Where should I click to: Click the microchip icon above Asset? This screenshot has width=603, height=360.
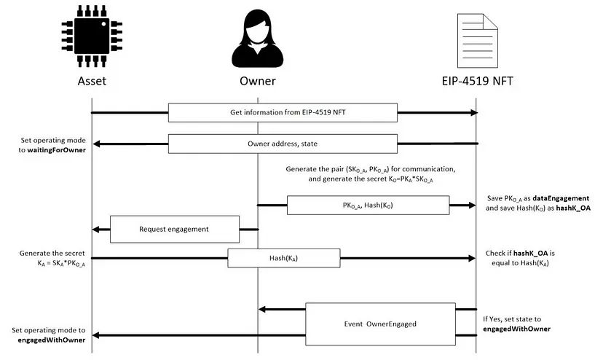pos(91,36)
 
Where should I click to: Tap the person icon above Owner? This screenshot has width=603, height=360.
pos(257,35)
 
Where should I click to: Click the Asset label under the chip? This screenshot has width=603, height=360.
pos(92,80)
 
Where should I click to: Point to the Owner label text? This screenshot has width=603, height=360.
pos(257,80)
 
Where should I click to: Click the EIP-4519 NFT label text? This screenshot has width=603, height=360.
pos(477,80)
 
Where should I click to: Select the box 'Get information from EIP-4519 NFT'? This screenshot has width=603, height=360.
pos(283,112)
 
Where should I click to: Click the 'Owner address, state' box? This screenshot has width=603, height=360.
pos(283,144)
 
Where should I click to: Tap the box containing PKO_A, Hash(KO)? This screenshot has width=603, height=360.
pos(368,206)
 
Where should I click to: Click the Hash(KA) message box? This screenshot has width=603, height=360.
pos(283,257)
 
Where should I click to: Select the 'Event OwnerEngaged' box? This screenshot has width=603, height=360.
pos(380,323)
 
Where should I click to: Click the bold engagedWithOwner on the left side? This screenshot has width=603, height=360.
pos(50,340)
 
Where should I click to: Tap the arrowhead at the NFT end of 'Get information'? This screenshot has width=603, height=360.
pos(473,112)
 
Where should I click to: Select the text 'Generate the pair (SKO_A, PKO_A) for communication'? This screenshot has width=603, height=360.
pos(371,169)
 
